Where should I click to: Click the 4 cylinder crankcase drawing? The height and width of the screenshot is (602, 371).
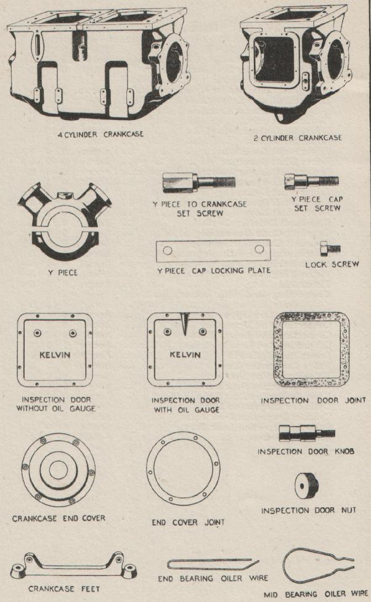pos(98,63)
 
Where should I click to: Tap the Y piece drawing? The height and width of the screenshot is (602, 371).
pos(64,223)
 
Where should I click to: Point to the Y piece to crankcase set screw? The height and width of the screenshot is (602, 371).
pos(198,182)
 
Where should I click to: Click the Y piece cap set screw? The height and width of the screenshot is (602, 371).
pos(311,182)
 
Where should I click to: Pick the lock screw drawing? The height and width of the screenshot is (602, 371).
pos(330,249)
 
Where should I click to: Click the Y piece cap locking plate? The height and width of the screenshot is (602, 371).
pos(213,251)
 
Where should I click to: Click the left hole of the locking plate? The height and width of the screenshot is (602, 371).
pos(167,251)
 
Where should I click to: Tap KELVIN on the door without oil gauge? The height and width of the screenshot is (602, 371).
pos(55,355)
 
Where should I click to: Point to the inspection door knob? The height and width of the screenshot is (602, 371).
pos(307,433)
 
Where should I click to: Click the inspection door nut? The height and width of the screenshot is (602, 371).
pos(307,486)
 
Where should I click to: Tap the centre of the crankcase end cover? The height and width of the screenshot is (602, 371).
pos(59,470)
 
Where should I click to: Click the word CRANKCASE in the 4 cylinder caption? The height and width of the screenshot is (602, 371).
pos(123,134)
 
